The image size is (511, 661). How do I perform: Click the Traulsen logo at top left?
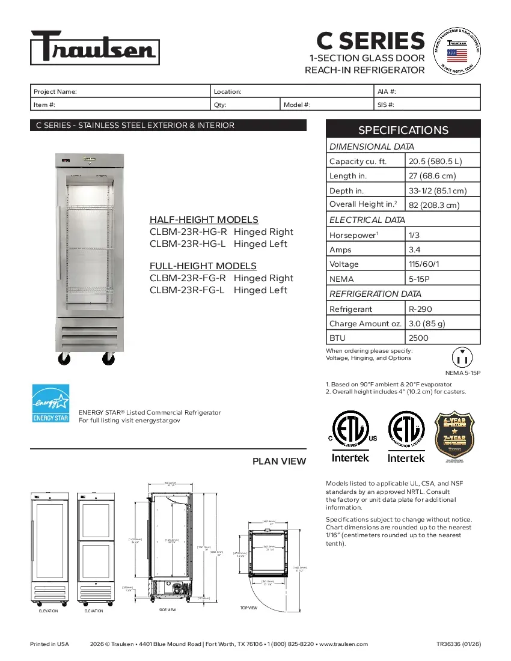tap(95, 47)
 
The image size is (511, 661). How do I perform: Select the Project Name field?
tap(120, 91)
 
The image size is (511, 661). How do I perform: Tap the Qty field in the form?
tap(246, 105)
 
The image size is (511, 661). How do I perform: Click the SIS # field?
tap(427, 105)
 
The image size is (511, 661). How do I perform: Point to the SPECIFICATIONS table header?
tap(403, 130)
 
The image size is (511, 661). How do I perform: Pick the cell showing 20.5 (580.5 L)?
tap(435, 161)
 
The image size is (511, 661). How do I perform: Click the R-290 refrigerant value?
tap(420, 309)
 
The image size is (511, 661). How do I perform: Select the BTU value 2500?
tap(418, 338)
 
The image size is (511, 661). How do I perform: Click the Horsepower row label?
tap(352, 235)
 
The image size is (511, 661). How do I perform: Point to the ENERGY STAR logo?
tap(50, 403)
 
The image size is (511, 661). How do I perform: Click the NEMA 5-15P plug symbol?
tap(462, 358)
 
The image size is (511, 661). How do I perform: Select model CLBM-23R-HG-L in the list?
tap(218, 244)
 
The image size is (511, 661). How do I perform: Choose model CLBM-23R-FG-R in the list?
tap(221, 278)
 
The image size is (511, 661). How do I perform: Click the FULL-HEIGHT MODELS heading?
tap(203, 266)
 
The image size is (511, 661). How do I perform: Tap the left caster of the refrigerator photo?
tap(63, 359)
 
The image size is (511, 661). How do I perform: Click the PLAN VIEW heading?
tap(279, 461)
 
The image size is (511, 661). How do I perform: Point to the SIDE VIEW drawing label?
tap(167, 609)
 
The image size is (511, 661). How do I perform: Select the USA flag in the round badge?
tap(457, 56)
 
